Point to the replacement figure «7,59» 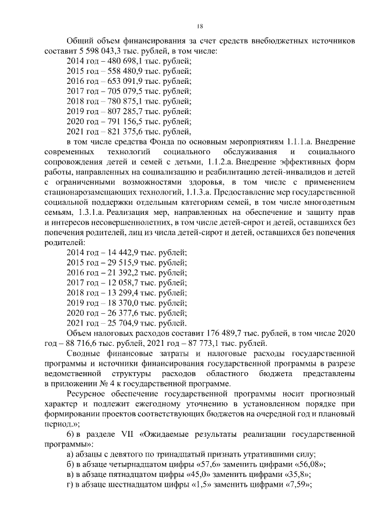(x=295, y=484)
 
